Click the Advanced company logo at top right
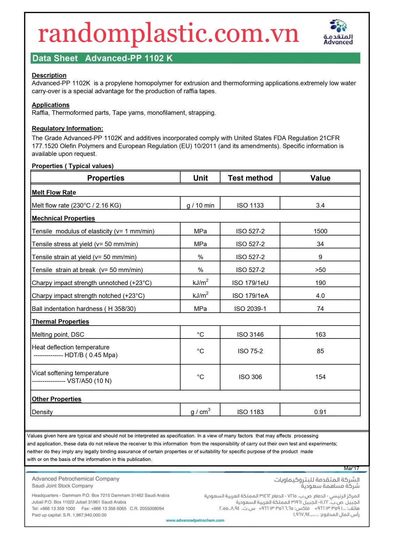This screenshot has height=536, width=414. [338, 32]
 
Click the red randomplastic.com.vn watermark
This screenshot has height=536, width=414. [168, 33]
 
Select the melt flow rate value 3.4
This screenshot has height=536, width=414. [320, 206]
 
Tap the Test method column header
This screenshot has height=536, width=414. [250, 178]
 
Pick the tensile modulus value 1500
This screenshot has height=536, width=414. [320, 231]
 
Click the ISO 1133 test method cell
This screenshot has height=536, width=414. [250, 206]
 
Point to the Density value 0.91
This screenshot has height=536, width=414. [320, 412]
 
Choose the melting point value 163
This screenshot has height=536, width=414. [320, 335]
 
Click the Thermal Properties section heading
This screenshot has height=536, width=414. [60, 322]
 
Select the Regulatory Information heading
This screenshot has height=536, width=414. [67, 128]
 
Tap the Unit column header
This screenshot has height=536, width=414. [200, 178]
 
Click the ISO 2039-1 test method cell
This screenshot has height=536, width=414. [250, 309]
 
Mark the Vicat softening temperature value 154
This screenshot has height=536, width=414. [320, 377]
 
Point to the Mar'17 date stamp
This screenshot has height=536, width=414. [351, 468]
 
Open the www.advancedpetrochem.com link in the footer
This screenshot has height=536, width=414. [195, 520]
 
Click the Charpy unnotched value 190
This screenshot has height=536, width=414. [320, 283]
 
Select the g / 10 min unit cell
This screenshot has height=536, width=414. [200, 206]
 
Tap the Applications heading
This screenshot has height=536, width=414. [51, 105]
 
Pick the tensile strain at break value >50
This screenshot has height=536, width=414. [320, 270]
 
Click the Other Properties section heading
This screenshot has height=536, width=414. [57, 399]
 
